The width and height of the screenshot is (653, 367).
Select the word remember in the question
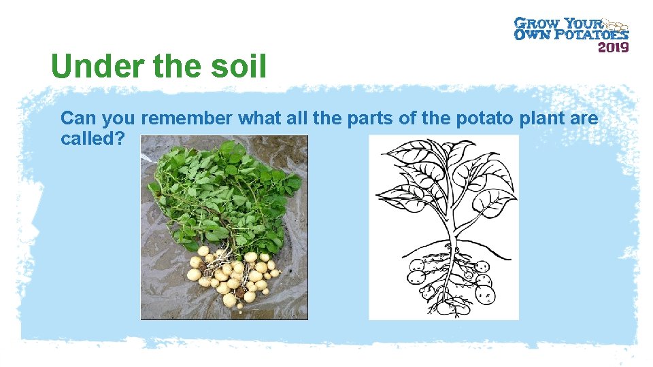click(187, 118)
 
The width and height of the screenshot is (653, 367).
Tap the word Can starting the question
click(79, 118)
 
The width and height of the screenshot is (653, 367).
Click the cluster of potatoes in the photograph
click(231, 275)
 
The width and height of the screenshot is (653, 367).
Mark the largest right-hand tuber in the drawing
click(484, 294)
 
